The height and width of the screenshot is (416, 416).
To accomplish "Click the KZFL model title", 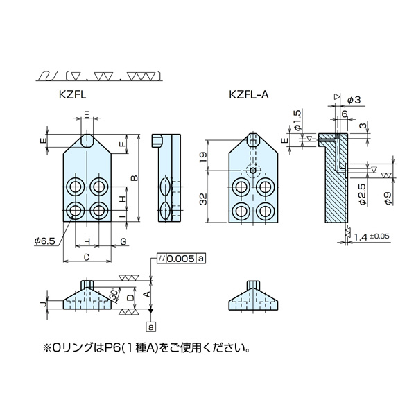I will [x=73, y=97].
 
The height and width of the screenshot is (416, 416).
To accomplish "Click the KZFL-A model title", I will [x=247, y=97].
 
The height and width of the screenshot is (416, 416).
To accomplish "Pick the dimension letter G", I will [x=123, y=241].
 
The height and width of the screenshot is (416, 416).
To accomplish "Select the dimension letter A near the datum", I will [x=145, y=293].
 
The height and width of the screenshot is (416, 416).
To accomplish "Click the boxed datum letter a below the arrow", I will [x=151, y=325].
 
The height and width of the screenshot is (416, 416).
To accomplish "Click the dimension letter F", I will [x=122, y=145].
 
